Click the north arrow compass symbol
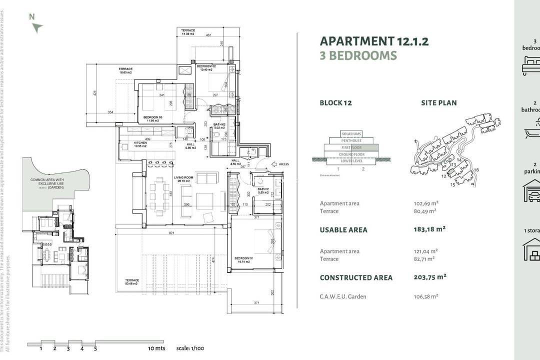point(36,27)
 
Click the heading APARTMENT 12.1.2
point(374,41)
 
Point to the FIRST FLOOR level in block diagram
point(351,147)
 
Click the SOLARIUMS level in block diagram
point(351,134)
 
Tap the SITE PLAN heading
point(438,103)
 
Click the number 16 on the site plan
point(476,170)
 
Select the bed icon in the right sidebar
point(531,65)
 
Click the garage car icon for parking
point(531,190)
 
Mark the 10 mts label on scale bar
point(156,348)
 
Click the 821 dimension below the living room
point(171,233)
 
